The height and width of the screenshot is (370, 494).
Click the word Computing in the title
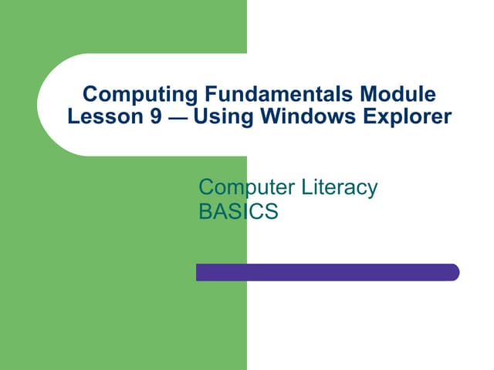(x=130, y=96)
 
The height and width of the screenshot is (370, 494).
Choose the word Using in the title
(x=218, y=119)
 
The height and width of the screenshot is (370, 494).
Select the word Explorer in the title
(x=404, y=119)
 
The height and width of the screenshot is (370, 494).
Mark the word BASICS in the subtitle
(x=238, y=212)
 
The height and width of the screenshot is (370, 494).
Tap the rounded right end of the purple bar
(x=454, y=272)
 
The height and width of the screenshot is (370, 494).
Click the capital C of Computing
(x=89, y=96)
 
